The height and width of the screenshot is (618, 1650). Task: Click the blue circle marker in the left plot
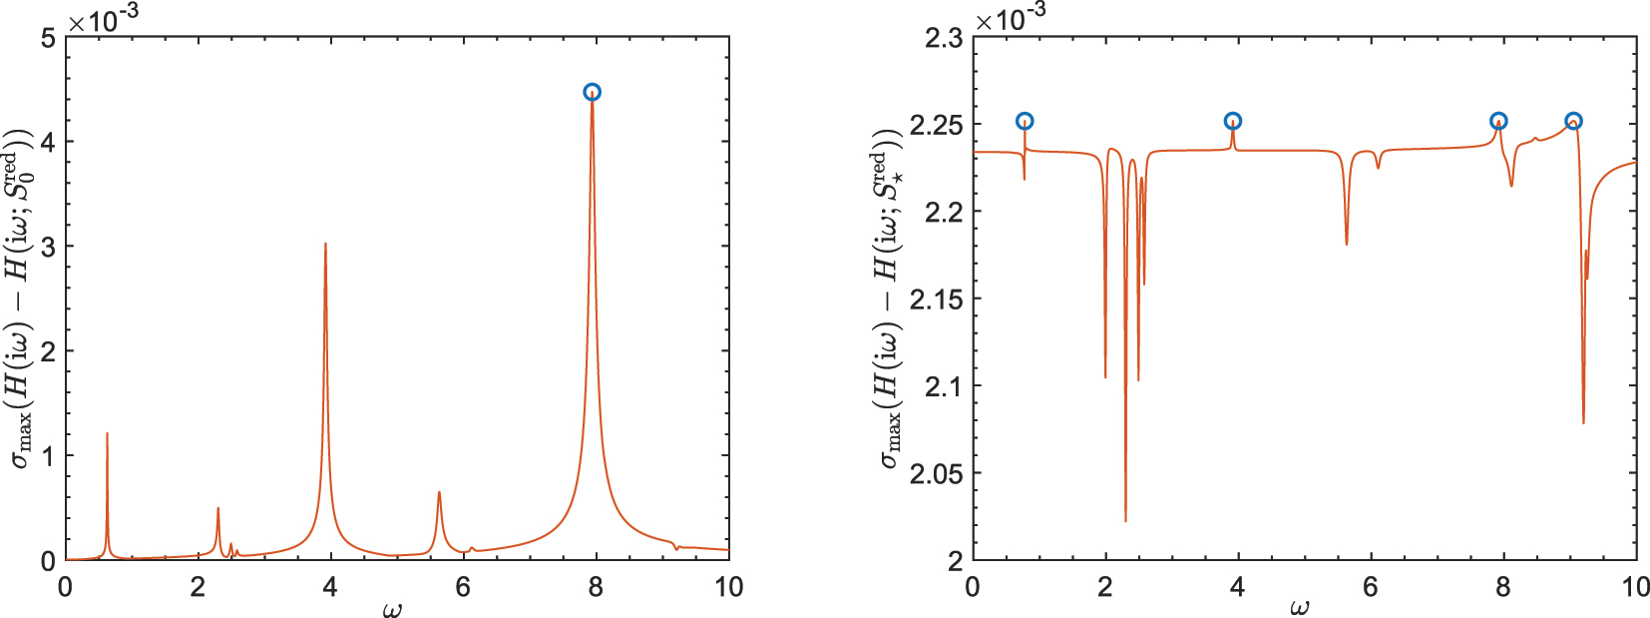click(593, 92)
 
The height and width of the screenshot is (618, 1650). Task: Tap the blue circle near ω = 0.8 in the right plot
click(1025, 122)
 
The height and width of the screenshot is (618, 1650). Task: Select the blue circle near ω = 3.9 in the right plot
click(1233, 122)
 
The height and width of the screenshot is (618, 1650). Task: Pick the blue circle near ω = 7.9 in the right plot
click(1498, 122)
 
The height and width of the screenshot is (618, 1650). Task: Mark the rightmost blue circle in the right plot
click(1573, 122)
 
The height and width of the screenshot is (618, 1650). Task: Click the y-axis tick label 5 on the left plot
click(48, 38)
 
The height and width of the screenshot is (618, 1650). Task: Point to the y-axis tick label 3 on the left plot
click(48, 247)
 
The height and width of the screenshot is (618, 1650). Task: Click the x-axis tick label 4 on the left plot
click(331, 587)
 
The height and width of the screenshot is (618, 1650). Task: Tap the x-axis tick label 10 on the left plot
click(729, 587)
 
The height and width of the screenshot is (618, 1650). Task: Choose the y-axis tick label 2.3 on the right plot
click(943, 38)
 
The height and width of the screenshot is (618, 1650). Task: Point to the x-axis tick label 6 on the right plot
click(1371, 587)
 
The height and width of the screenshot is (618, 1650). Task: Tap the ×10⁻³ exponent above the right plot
click(1012, 18)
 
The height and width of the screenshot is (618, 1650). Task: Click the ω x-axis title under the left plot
click(392, 608)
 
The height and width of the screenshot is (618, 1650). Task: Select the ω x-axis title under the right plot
click(1299, 608)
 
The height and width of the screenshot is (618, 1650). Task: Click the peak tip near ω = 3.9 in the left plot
click(325, 244)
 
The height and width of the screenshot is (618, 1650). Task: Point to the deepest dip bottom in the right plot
click(1125, 520)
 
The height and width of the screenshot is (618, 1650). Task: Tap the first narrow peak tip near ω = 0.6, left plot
click(107, 433)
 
